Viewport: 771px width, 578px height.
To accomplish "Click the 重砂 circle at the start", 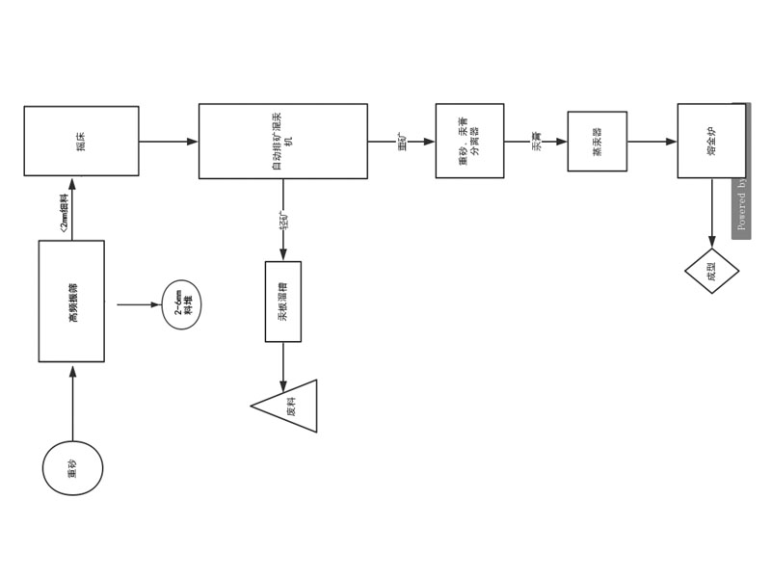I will (72, 468).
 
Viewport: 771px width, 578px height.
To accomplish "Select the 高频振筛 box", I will (71, 301).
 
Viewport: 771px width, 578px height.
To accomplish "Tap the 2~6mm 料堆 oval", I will (181, 304).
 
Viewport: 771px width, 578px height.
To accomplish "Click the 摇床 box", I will (81, 141).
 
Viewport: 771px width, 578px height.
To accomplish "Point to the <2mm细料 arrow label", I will (64, 214).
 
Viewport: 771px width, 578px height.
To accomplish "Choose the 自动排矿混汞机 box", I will (282, 141).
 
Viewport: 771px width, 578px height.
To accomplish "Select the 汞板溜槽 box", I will (282, 302).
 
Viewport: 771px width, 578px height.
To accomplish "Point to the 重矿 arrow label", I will (402, 141).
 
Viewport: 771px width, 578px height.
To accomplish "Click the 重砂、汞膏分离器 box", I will (469, 141).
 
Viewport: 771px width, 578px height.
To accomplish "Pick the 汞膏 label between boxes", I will (537, 142).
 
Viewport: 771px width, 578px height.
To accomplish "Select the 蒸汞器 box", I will (597, 142).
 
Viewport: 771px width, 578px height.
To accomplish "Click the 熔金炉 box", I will (711, 141).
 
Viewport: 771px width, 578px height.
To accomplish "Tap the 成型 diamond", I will (711, 271).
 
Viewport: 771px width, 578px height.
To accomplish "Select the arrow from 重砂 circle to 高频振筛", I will (72, 403).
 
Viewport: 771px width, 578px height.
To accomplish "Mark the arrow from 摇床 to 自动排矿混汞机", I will (169, 142).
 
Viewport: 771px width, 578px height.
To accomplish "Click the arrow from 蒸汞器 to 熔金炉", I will (651, 142).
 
